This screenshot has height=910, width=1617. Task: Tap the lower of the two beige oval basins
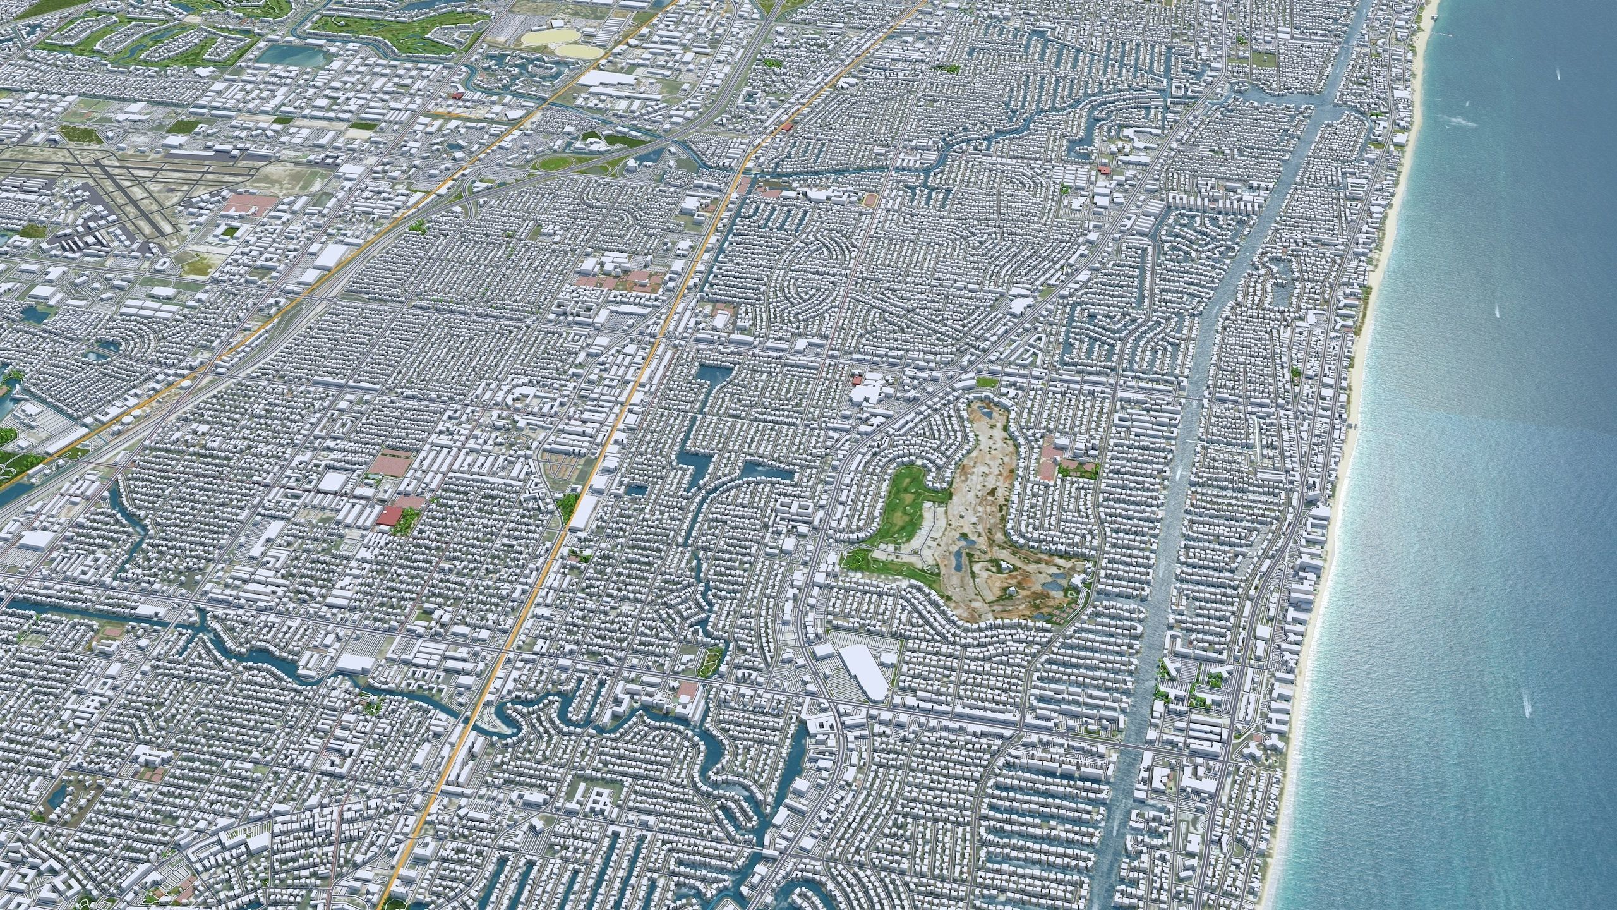[579, 49]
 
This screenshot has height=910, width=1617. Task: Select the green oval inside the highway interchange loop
[556, 163]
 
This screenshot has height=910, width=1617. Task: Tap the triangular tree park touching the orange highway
[567, 504]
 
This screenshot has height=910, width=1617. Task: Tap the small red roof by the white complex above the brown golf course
[857, 380]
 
